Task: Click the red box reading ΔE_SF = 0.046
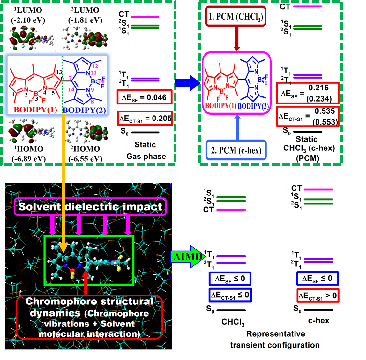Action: (x=145, y=97)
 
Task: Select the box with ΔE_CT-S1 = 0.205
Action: (x=145, y=119)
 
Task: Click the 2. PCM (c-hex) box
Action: (x=236, y=150)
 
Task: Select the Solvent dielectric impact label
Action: (x=90, y=207)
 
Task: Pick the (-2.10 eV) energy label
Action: (x=28, y=20)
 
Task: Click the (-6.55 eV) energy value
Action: (x=85, y=159)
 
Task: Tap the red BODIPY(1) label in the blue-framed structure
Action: (x=35, y=110)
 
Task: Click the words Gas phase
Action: (x=146, y=157)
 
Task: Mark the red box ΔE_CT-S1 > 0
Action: (x=317, y=296)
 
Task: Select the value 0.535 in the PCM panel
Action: (x=325, y=111)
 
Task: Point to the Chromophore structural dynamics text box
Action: (x=89, y=318)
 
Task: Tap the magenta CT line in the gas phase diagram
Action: (x=145, y=17)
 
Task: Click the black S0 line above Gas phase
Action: (x=145, y=132)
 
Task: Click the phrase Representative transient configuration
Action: (x=275, y=340)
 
